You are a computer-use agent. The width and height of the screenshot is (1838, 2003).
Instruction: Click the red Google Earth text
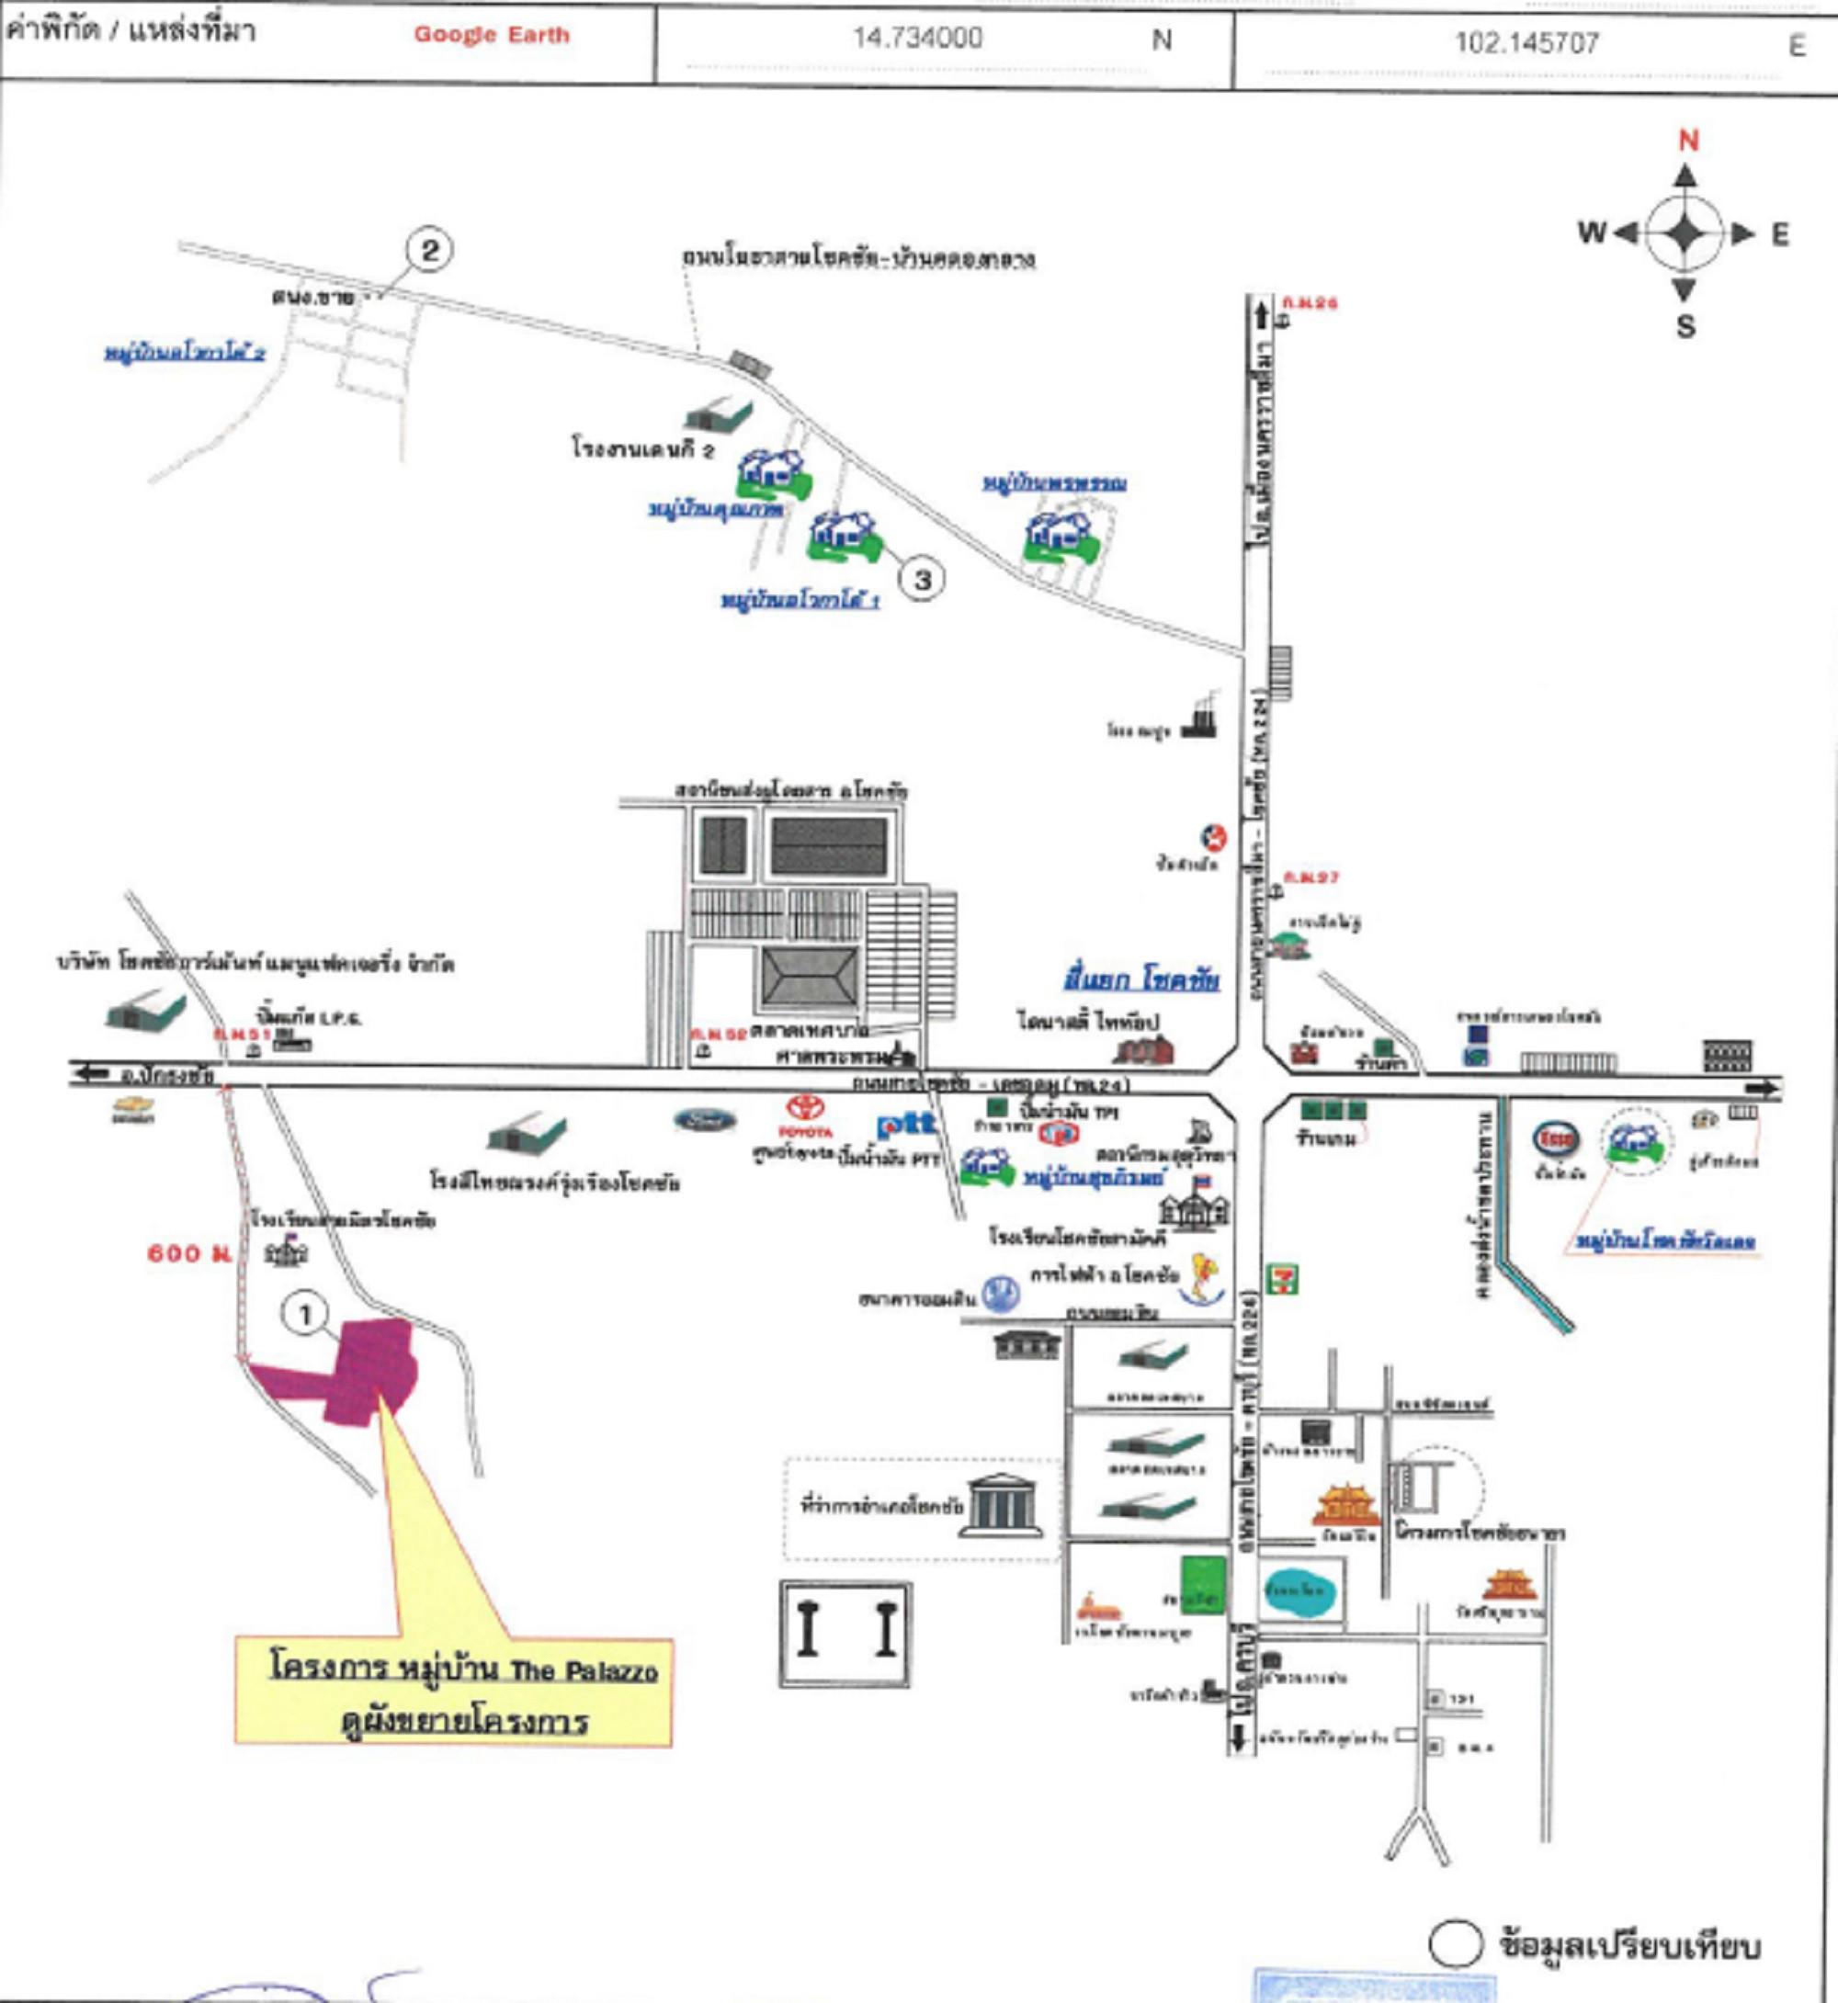(x=492, y=35)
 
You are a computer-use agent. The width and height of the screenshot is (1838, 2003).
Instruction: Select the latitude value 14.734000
(x=917, y=38)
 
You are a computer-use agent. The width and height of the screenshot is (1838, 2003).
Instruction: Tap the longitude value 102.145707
(x=1526, y=43)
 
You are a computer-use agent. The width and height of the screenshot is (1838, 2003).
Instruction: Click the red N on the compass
(x=1688, y=141)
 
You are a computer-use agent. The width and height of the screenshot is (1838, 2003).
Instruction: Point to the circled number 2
(x=430, y=250)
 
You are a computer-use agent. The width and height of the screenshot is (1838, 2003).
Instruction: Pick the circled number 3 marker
(x=922, y=579)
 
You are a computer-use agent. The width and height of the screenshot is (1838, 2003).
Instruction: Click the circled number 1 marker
(x=305, y=1315)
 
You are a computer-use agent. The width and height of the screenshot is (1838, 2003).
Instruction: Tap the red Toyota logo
(x=805, y=1108)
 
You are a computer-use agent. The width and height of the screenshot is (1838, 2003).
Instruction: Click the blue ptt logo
(x=905, y=1125)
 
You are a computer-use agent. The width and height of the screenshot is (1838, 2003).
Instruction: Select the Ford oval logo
(x=705, y=1121)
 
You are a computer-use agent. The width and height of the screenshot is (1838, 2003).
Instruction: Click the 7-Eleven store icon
(x=1282, y=1279)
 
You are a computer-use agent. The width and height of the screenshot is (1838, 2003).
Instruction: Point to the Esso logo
(x=1555, y=1138)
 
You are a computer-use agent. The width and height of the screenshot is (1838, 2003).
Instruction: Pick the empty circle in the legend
(x=1455, y=1944)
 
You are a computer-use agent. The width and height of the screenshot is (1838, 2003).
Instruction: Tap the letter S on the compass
(x=1685, y=326)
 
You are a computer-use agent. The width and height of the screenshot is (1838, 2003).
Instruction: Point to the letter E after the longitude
(x=1798, y=46)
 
